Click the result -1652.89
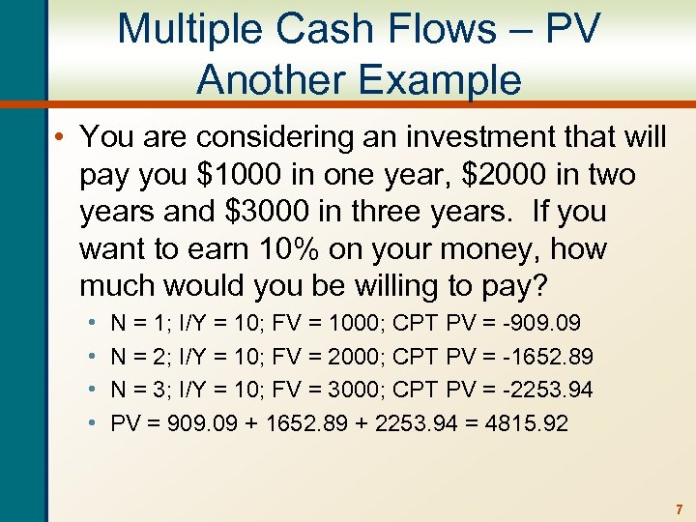[x=548, y=356]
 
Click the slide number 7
[x=679, y=508]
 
